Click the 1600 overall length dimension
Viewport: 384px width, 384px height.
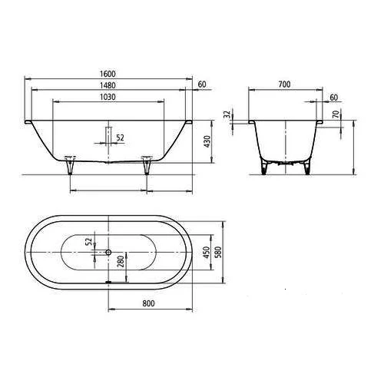coord(109,72)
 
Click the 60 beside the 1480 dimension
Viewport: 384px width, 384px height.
coord(202,84)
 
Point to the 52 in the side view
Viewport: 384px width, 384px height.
coord(120,137)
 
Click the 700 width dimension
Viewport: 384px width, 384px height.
coord(284,84)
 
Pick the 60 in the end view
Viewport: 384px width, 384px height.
coord(333,98)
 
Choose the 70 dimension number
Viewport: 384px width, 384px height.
coord(336,114)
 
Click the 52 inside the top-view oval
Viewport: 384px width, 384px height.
coord(89,241)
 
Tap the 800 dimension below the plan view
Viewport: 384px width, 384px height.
coord(149,303)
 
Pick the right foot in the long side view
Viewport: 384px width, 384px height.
coord(147,164)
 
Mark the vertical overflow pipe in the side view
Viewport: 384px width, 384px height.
coord(109,134)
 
